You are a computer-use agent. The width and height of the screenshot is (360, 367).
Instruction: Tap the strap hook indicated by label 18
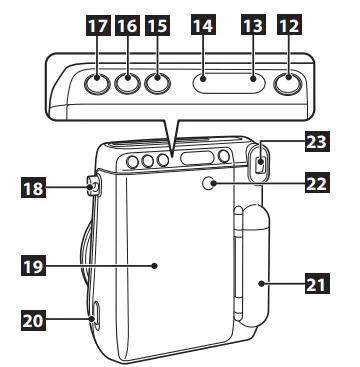tap(93, 184)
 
